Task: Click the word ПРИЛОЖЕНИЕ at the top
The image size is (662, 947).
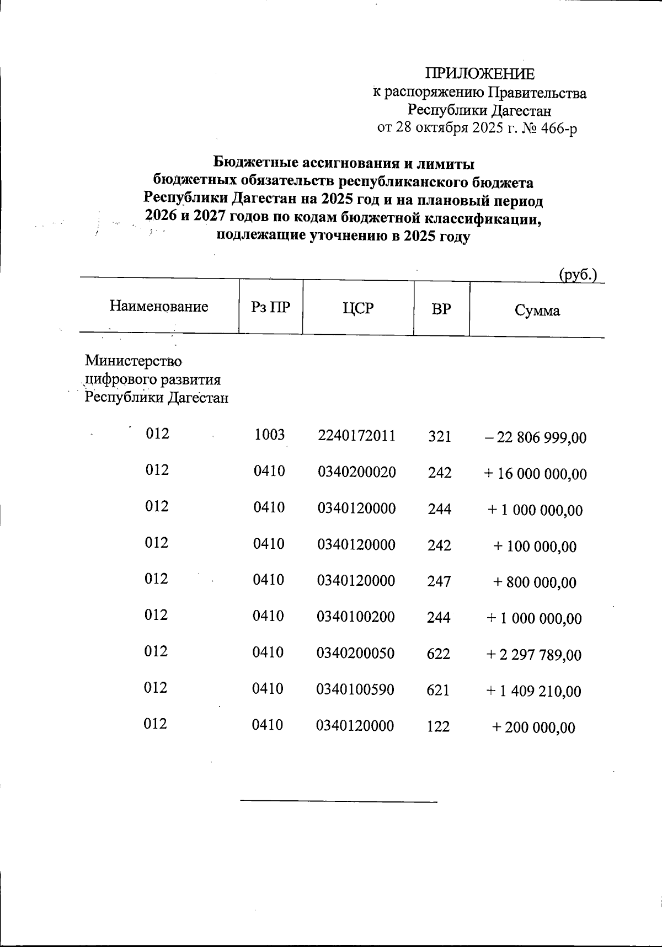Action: point(479,74)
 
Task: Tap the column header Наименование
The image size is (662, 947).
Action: point(159,307)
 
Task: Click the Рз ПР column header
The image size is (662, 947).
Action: point(270,308)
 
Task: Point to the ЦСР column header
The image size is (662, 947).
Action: point(358,309)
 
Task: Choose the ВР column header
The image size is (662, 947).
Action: point(441,309)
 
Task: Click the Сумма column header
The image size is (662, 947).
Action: point(537,311)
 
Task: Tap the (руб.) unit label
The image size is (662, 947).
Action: point(578,274)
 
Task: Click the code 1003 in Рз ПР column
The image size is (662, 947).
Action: point(269,435)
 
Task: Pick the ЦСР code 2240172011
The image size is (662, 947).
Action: point(357,436)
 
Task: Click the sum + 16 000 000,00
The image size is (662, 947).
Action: point(535,474)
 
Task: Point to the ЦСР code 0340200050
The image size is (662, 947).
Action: point(356,654)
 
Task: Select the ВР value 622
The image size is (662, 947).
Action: point(439,654)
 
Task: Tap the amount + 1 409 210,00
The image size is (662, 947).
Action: point(533,691)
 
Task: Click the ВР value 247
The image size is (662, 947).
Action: point(439,581)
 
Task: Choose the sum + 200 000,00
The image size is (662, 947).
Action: point(533,727)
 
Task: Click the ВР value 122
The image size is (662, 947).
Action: point(439,726)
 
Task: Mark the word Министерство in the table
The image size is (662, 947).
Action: point(133,361)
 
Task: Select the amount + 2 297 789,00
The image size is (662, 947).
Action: point(533,655)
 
